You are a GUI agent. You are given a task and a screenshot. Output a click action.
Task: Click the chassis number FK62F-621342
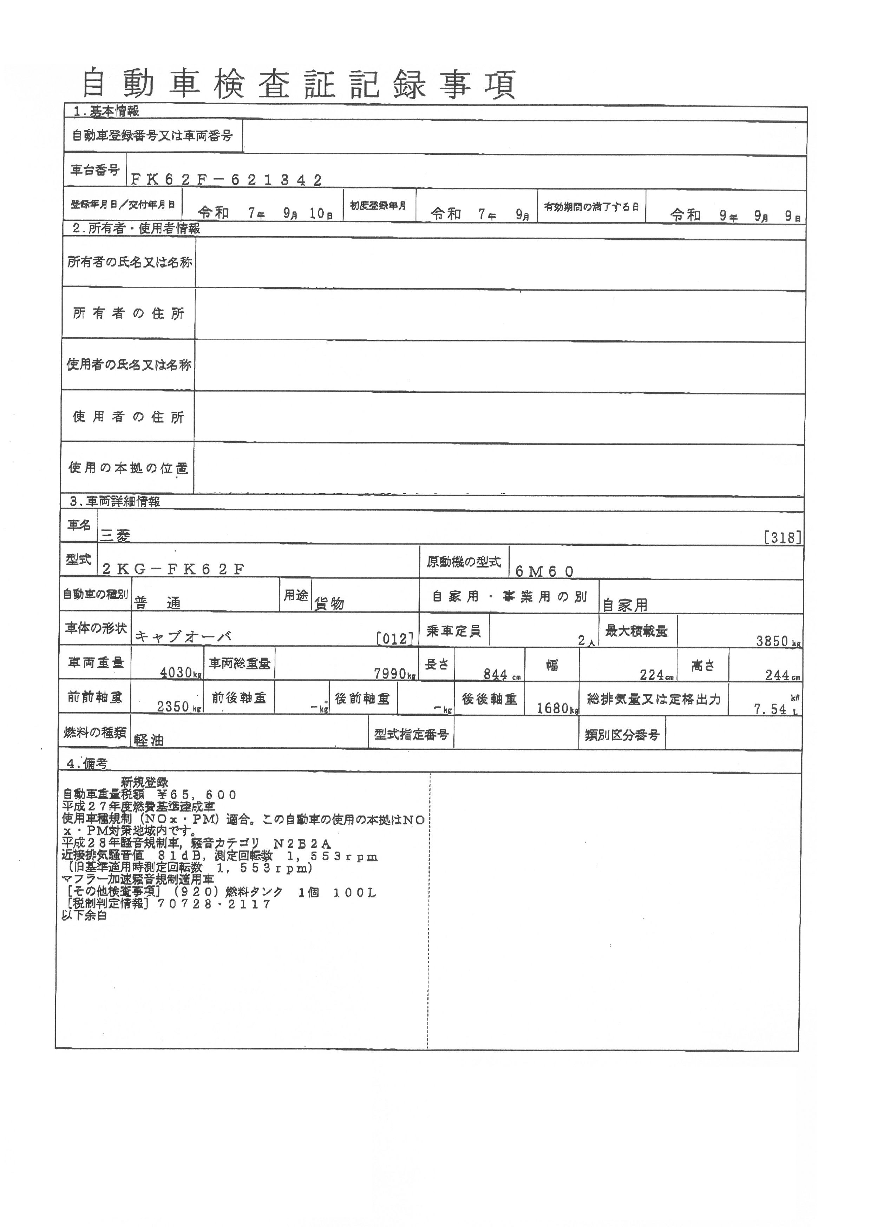(226, 180)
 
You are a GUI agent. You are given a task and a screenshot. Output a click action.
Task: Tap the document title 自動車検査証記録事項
(299, 84)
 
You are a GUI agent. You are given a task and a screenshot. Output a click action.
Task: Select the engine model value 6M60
(544, 571)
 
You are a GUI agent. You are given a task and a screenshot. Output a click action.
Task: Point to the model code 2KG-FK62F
(173, 569)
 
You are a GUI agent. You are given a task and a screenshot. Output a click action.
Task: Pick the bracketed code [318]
(782, 537)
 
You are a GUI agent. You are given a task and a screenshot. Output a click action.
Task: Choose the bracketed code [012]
(395, 638)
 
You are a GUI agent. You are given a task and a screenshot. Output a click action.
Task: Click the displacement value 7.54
(770, 709)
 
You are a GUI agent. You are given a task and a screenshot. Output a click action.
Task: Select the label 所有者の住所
(128, 314)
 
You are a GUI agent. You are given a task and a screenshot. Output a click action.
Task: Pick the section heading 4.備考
(87, 764)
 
